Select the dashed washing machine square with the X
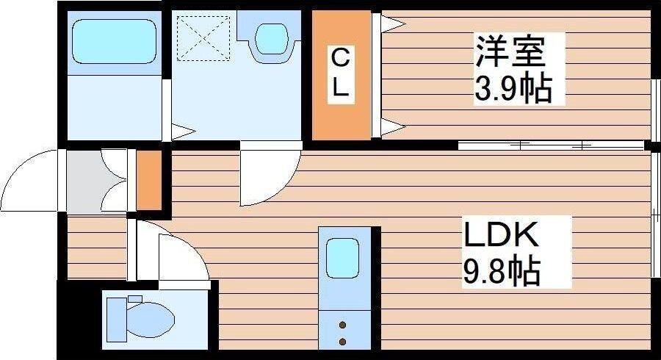coord(204,37)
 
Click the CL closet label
coord(340,74)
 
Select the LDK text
coord(501,234)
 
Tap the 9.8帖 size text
coord(501,272)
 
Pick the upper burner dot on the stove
coord(343,323)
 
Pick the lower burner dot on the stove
coord(343,340)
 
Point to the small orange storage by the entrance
coord(148,180)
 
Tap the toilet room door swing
coord(176,253)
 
